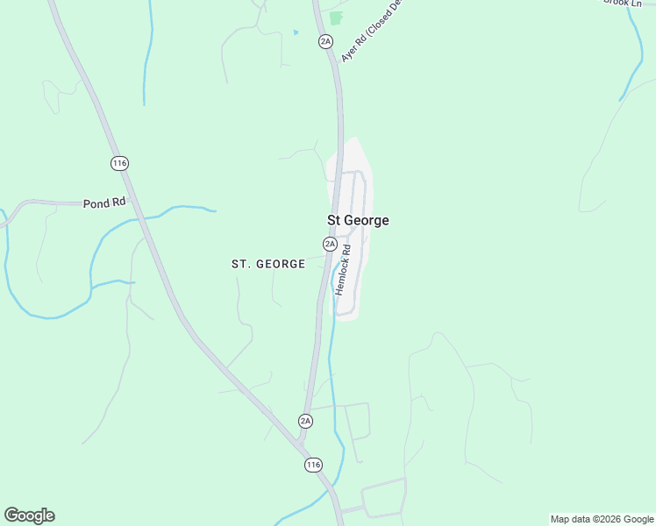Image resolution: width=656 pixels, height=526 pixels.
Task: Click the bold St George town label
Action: (x=358, y=221)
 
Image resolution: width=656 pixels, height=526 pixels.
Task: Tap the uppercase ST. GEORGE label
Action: (x=268, y=263)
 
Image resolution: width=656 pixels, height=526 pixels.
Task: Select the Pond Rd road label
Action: (x=104, y=203)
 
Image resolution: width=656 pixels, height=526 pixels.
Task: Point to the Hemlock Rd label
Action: (x=343, y=268)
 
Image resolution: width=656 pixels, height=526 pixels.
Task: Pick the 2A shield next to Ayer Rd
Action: (x=326, y=41)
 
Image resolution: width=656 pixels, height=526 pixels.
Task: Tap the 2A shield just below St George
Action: (x=330, y=243)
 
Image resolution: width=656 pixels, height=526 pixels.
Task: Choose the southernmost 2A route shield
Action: (x=305, y=421)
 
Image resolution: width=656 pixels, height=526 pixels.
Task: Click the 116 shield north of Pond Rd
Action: (x=120, y=163)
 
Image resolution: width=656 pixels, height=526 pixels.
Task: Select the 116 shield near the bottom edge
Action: (x=313, y=464)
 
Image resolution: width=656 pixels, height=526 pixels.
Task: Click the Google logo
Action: (x=29, y=515)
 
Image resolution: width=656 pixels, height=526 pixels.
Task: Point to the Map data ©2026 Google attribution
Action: (x=602, y=519)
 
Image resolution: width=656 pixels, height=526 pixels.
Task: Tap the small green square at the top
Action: (x=336, y=18)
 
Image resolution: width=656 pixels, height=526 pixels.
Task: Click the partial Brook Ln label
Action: (x=624, y=3)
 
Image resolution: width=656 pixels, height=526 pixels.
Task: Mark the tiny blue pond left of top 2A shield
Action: (x=296, y=32)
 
